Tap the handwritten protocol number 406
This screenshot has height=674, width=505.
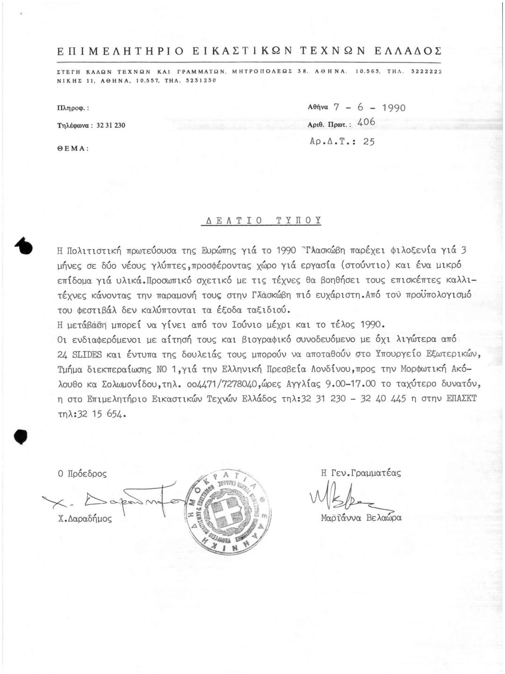(x=366, y=122)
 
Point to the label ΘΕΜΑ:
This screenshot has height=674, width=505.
(x=72, y=147)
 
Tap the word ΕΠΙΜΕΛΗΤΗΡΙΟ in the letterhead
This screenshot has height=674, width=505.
(x=119, y=51)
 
